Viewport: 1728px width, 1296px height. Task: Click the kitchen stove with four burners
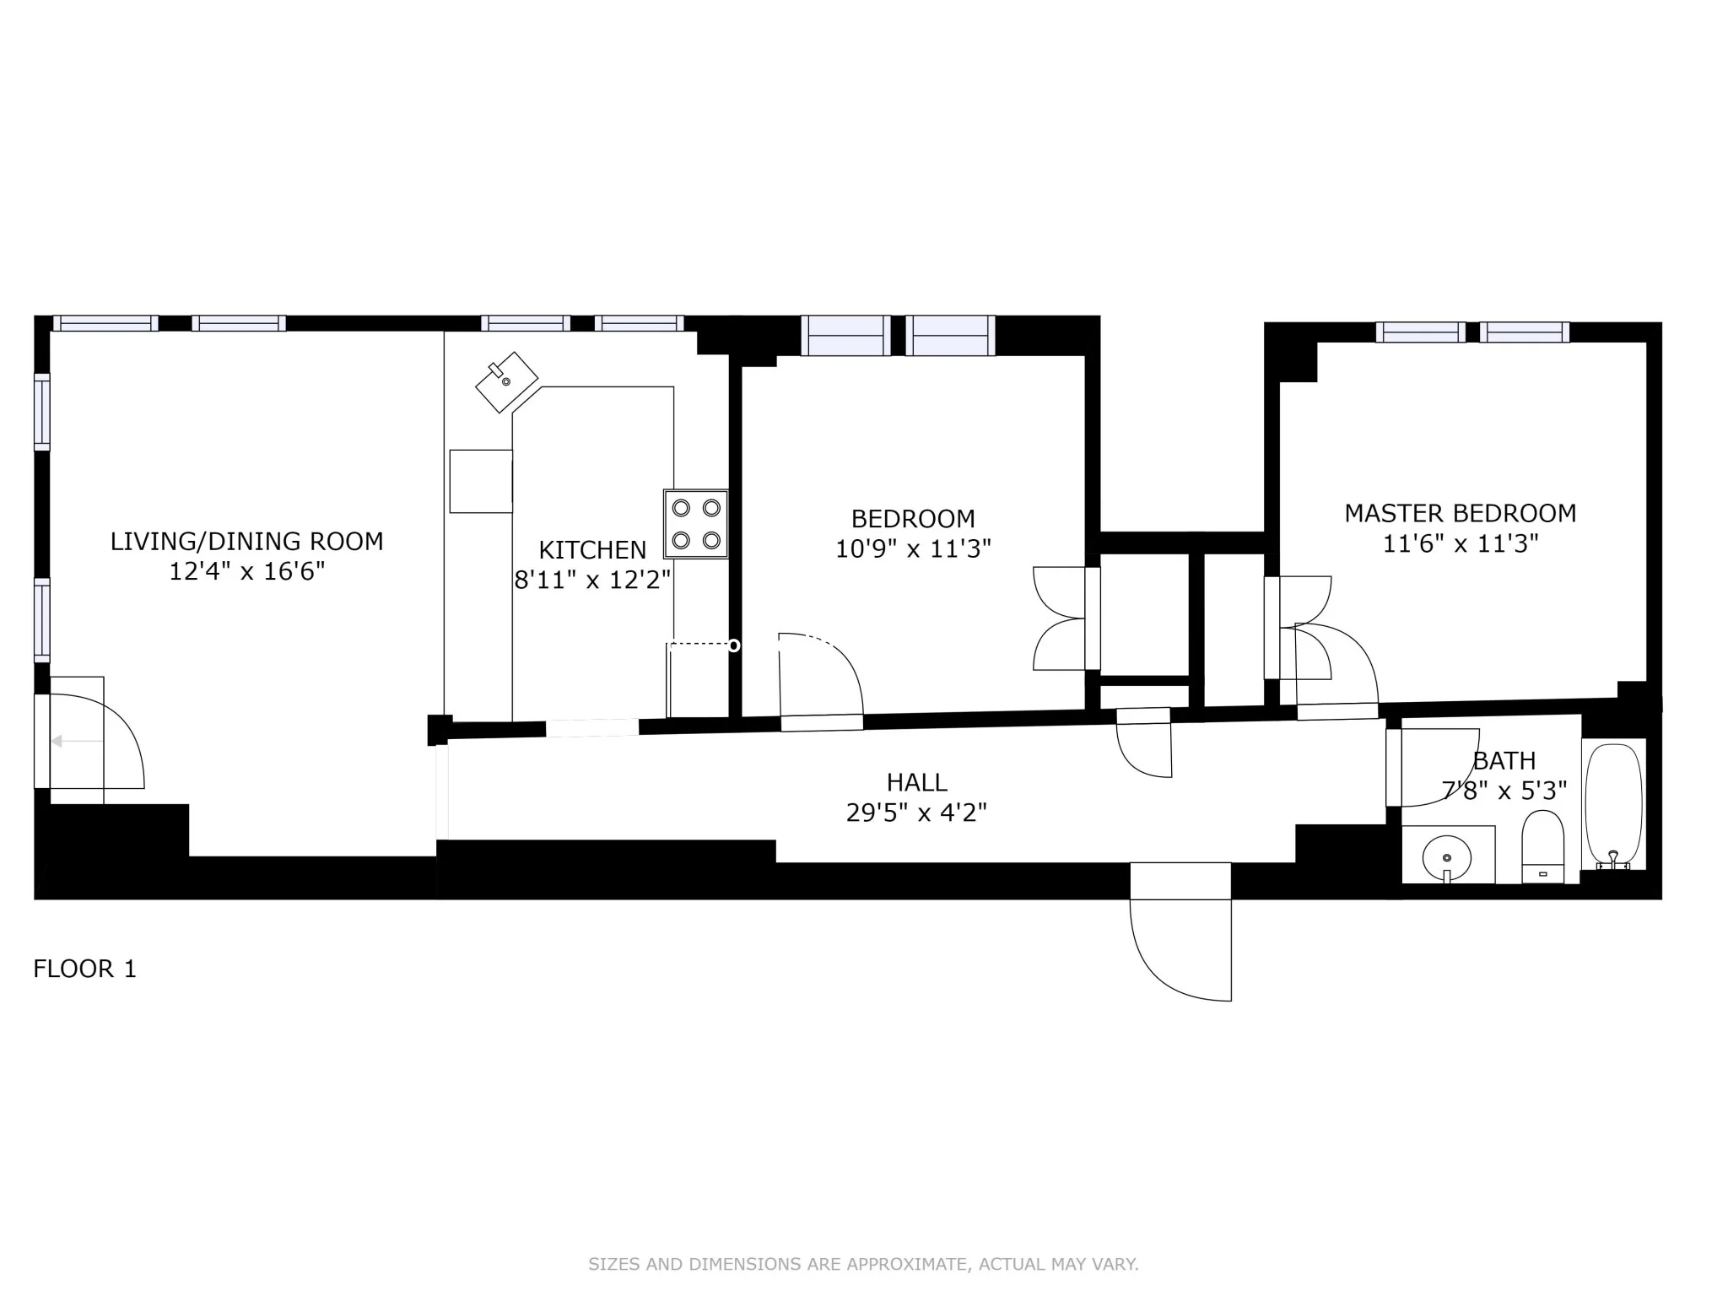coord(696,523)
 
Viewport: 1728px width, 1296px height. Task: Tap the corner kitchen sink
coord(506,382)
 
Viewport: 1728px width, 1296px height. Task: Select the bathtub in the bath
coord(1613,806)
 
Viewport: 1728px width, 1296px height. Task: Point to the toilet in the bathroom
coord(1542,847)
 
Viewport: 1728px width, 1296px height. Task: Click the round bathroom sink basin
coord(1447,857)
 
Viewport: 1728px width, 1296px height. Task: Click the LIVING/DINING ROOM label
coord(246,542)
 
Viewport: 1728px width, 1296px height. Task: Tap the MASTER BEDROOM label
coord(1460,513)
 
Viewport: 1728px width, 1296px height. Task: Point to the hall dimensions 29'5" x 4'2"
coord(916,813)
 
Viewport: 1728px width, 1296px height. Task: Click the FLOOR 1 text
coord(84,969)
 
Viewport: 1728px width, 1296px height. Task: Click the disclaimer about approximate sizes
coord(863,1264)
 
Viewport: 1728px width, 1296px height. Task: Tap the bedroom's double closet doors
coord(1061,618)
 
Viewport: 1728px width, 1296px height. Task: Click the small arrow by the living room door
coord(57,742)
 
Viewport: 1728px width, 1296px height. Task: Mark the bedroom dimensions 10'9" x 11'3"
coord(913,549)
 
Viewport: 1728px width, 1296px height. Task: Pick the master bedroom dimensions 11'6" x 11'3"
coord(1460,544)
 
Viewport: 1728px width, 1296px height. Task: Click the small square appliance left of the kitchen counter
coord(481,481)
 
